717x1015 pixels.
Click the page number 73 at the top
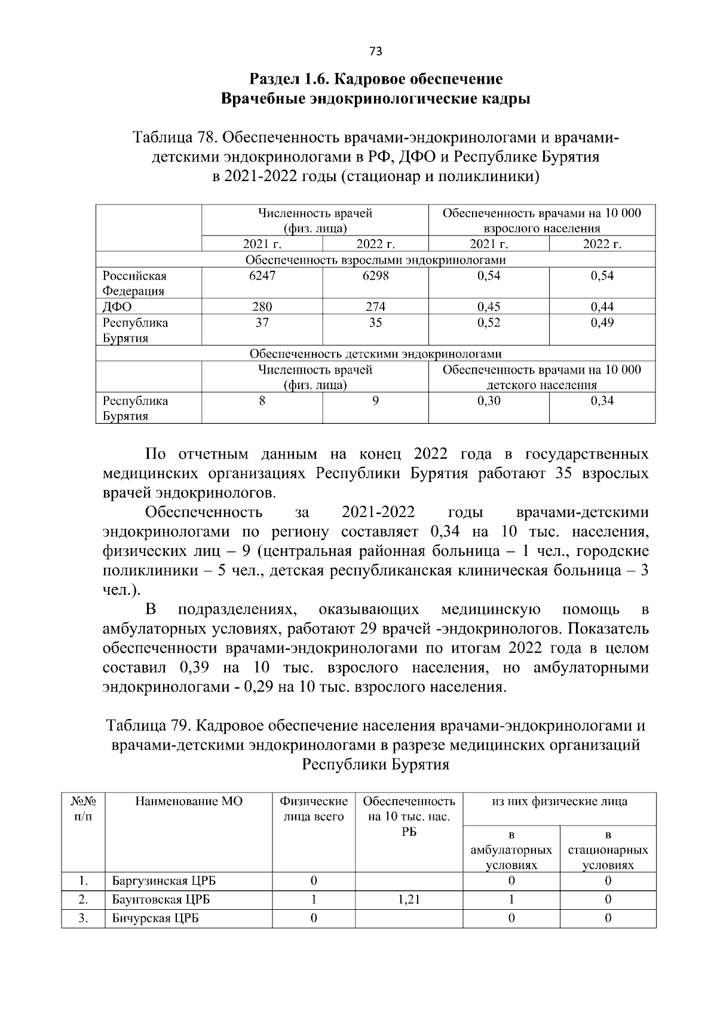[x=375, y=51]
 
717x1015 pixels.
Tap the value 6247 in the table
[x=262, y=276]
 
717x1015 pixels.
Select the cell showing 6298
[x=375, y=276]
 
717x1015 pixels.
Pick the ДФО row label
[x=117, y=307]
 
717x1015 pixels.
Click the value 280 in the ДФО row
[x=262, y=307]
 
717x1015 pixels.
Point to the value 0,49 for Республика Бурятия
[x=602, y=323]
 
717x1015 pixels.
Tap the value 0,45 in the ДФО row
[x=488, y=307]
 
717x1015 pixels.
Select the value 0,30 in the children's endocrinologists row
[x=488, y=401]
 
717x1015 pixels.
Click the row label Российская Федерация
[x=135, y=283]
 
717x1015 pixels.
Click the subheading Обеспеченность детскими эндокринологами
[x=375, y=354]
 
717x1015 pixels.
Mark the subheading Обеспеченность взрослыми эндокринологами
[x=375, y=260]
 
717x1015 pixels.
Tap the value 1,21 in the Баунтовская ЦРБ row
[x=408, y=899]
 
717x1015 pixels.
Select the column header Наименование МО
[x=189, y=801]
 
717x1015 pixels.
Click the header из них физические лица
[x=559, y=801]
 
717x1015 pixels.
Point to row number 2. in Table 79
[x=83, y=899]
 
